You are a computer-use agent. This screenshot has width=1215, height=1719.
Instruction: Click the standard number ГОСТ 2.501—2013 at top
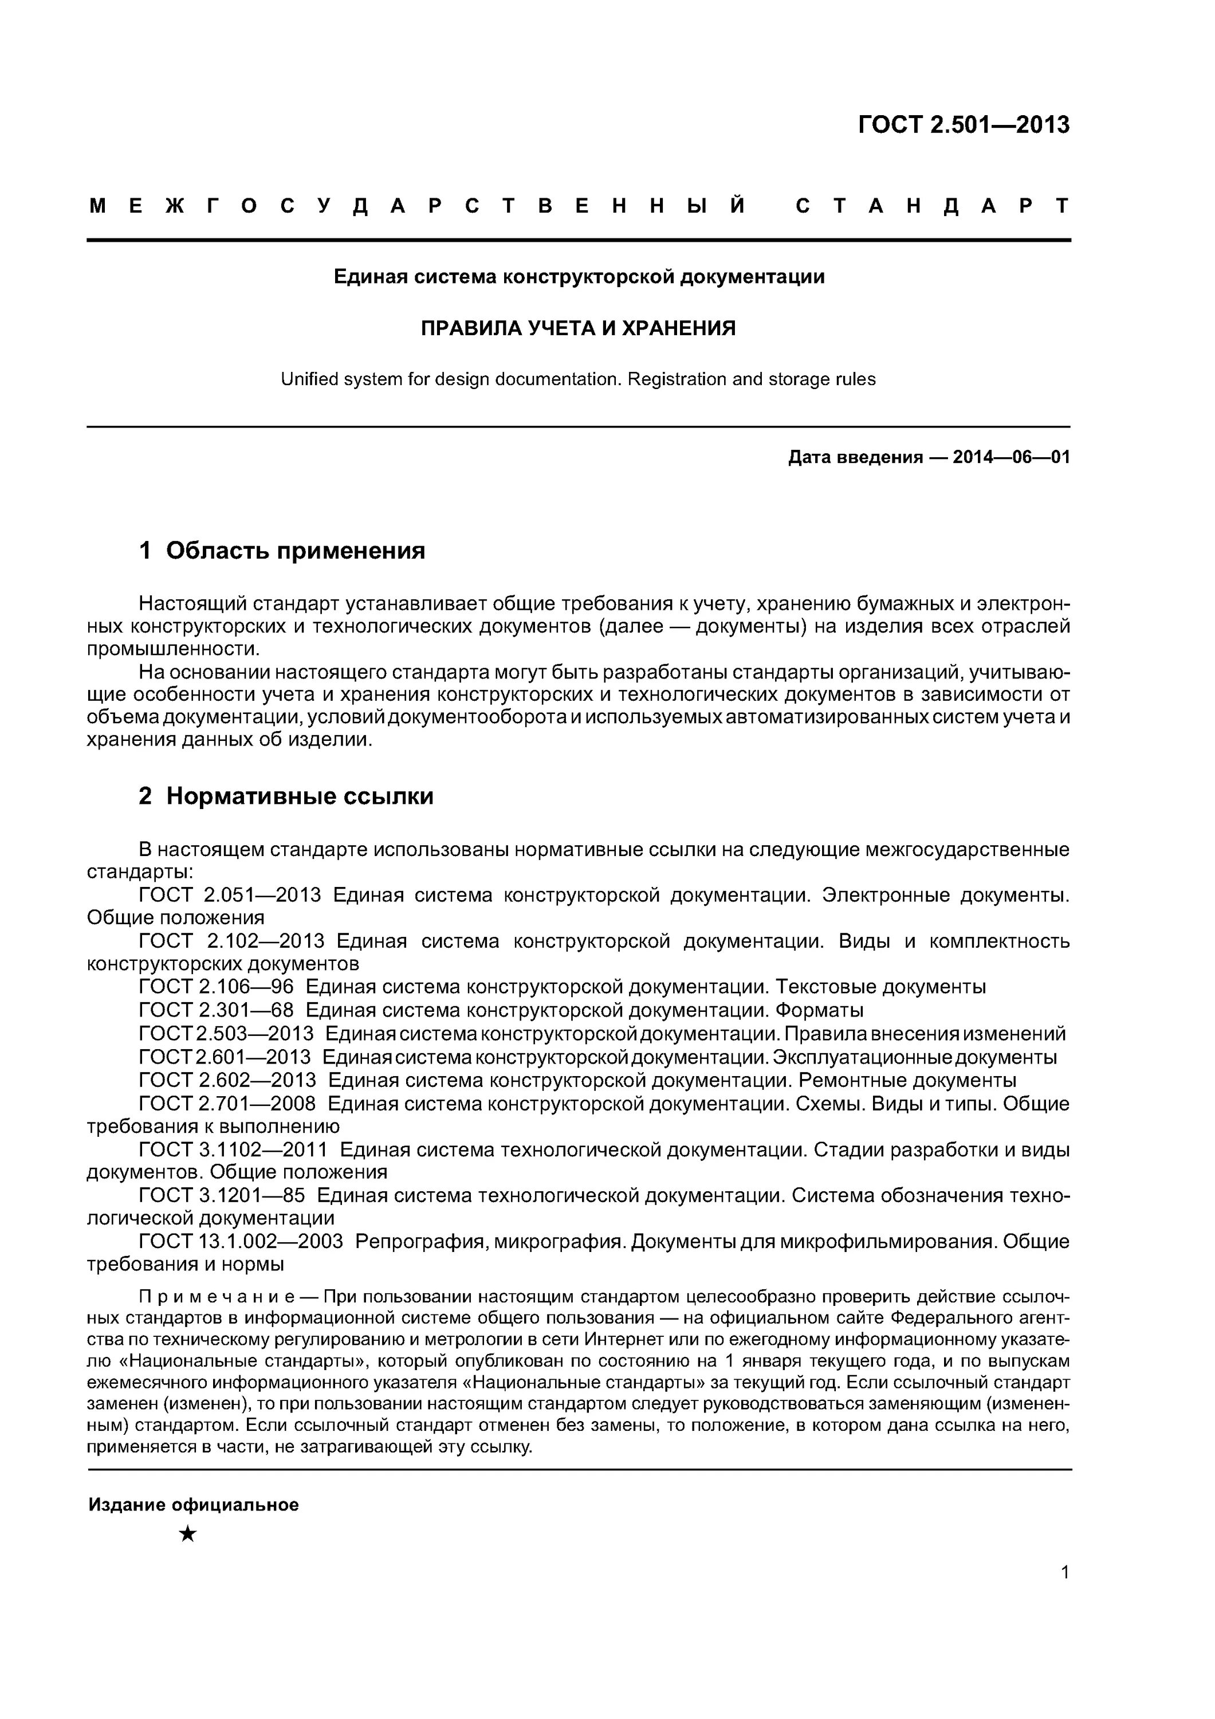[x=964, y=124]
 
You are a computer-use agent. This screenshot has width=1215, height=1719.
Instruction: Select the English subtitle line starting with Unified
[x=578, y=379]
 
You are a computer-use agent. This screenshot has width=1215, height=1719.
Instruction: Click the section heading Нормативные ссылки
[x=300, y=796]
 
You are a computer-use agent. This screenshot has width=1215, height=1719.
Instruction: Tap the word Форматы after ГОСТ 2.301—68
[x=819, y=1010]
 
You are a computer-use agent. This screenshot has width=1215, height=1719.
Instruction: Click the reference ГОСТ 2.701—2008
[x=227, y=1103]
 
